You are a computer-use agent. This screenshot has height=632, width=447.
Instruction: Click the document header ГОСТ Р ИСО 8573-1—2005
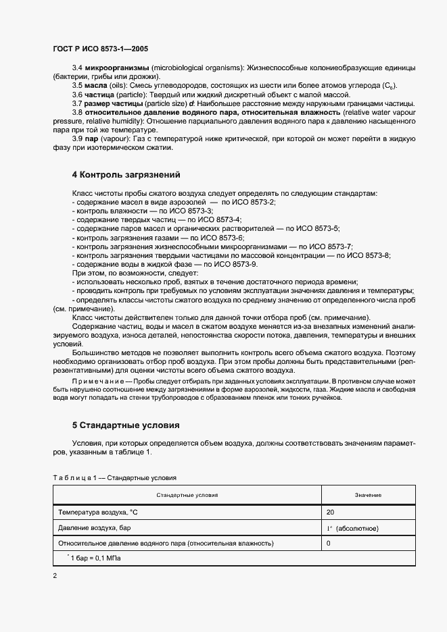point(100,49)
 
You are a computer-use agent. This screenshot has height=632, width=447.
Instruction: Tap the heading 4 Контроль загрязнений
point(126,175)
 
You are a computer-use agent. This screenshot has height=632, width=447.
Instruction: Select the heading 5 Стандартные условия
point(126,426)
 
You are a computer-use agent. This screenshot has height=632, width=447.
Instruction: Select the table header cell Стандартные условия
point(187,495)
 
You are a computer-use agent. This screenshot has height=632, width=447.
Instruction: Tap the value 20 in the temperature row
point(330,512)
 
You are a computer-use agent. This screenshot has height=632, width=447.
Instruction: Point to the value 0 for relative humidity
point(329,542)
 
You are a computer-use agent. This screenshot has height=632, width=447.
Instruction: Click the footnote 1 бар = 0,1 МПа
point(95,558)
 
